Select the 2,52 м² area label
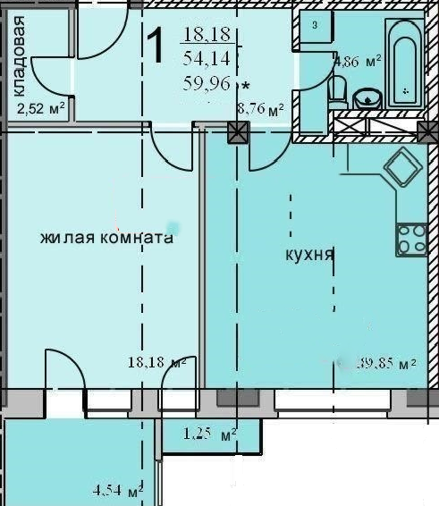(40, 110)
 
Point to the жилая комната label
(106, 239)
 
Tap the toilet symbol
(337, 91)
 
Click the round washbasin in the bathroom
(367, 97)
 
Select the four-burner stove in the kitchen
(412, 240)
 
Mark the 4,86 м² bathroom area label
(358, 62)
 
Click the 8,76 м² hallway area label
(260, 110)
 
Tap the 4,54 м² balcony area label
(118, 490)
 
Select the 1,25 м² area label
(209, 434)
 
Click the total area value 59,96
(206, 84)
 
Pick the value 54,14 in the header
(204, 60)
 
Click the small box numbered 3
(315, 25)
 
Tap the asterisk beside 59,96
(245, 86)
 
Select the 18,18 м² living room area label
(156, 362)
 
